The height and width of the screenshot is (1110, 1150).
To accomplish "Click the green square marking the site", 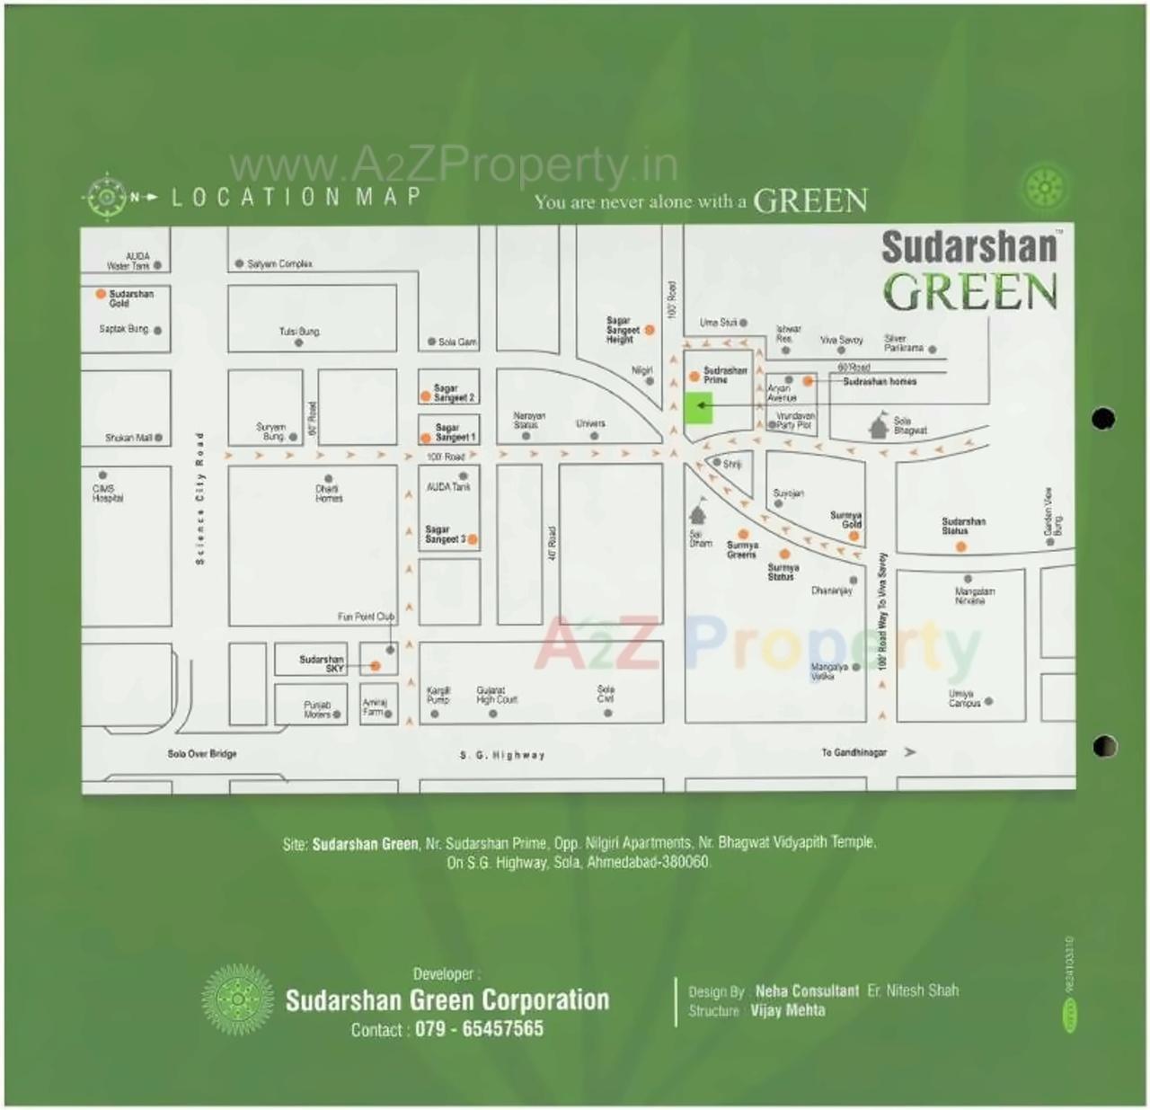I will (698, 408).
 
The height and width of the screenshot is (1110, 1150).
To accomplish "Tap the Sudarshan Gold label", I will (131, 298).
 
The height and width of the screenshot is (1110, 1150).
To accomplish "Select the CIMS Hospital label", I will (107, 493).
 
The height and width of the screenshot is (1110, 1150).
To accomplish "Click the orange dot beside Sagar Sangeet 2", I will (426, 396).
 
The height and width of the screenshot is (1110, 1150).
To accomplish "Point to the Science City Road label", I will (200, 499).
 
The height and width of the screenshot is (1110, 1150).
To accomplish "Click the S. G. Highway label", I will (502, 756).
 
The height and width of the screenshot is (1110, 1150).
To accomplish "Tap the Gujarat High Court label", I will (497, 694).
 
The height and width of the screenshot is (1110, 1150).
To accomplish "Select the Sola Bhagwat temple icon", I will (879, 426).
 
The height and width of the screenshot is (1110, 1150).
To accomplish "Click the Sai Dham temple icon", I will (698, 514).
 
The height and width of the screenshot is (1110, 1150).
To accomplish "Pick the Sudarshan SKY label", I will (322, 663).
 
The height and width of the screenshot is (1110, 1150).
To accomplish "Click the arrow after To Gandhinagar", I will (910, 752).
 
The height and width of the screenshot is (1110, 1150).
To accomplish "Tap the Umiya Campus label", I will (964, 698).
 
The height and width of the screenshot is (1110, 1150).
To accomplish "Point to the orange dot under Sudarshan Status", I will (960, 546).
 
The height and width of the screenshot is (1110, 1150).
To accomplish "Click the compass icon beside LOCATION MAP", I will (106, 197).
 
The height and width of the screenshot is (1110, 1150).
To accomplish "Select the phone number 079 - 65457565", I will (479, 1029).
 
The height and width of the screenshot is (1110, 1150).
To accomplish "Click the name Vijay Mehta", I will (788, 1010).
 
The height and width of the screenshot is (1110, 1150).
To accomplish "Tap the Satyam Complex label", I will (279, 264).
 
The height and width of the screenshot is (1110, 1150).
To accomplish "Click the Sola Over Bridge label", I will (202, 754).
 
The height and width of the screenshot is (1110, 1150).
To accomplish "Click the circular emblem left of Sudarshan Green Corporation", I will (237, 999).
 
